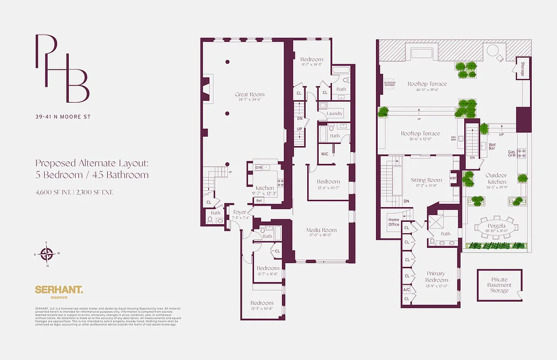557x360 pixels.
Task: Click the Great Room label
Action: [x=249, y=94]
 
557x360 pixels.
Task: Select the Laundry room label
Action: [x=335, y=114]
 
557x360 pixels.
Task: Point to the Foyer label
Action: [x=240, y=212]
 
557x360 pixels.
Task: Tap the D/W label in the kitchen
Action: [x=258, y=167]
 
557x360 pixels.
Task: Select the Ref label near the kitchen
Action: [x=259, y=201]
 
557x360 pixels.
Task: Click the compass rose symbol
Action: [x=47, y=254]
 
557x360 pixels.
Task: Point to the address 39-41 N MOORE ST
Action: [x=63, y=117]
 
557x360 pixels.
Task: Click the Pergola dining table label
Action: [x=497, y=226]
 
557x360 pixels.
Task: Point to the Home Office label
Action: [x=394, y=222]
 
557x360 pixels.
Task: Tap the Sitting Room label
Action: [x=426, y=180]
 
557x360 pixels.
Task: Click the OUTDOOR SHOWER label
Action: [x=389, y=83]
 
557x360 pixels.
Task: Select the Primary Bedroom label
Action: [x=435, y=276]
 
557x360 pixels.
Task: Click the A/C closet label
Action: [x=407, y=289]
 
